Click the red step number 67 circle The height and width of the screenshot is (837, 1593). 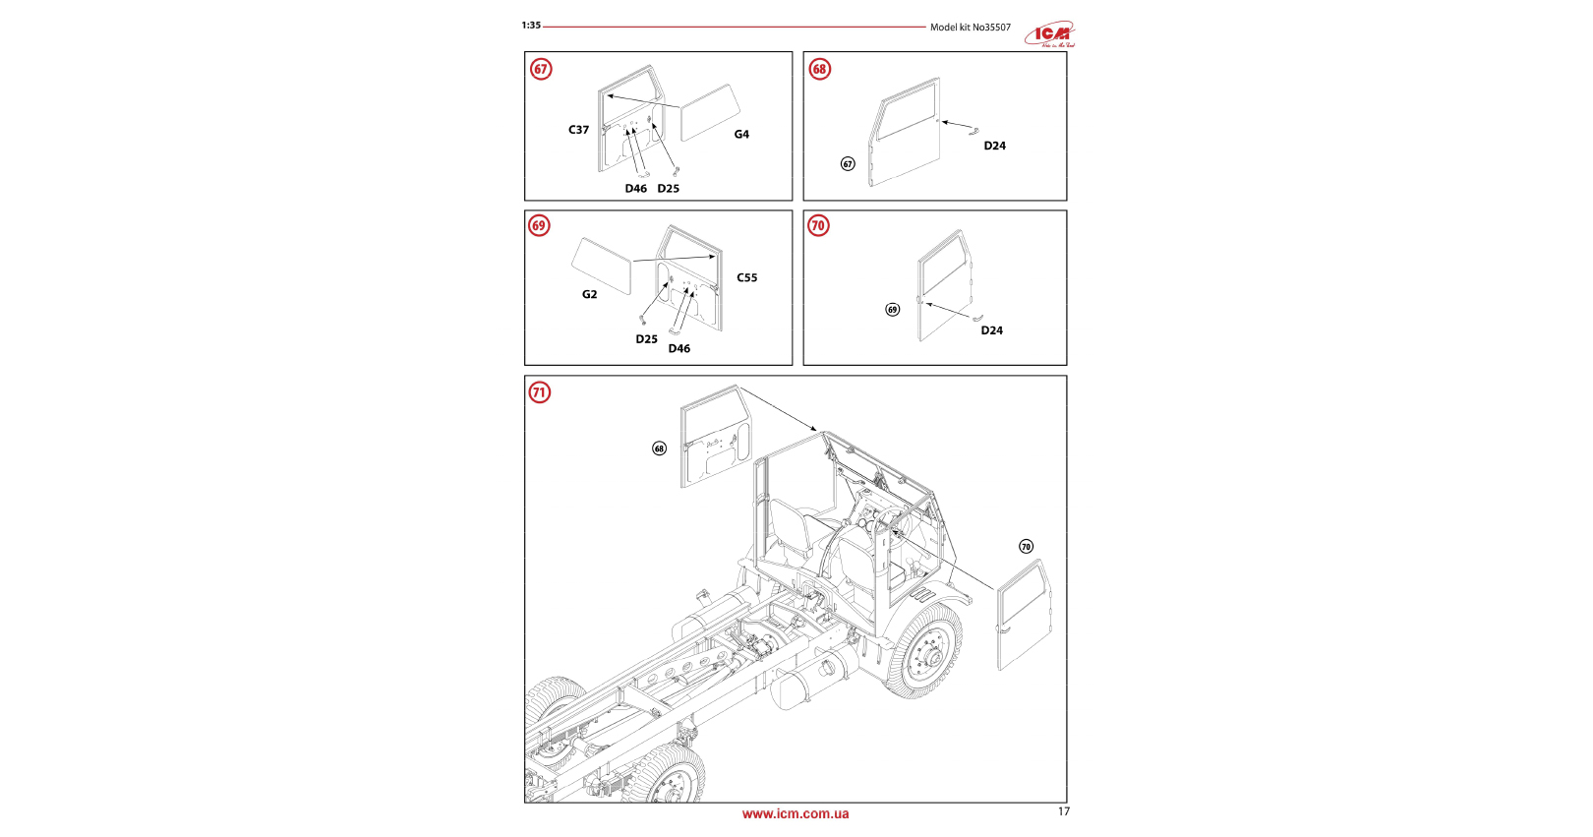point(541,69)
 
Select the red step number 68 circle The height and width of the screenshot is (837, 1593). point(819,69)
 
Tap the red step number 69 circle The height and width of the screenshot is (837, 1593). point(539,225)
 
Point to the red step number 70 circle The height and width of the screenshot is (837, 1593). point(818,225)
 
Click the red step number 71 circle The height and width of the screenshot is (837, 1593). point(539,392)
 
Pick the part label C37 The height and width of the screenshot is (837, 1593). point(578,130)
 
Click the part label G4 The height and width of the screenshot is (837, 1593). point(741,135)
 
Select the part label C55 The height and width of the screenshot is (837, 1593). point(747,278)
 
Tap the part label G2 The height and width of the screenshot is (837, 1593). point(589,294)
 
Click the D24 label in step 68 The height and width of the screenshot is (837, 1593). point(994,146)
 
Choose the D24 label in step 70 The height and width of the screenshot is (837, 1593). point(991,330)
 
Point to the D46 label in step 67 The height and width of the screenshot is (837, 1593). point(636,189)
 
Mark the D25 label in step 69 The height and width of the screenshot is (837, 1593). point(646,339)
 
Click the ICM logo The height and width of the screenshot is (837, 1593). point(1050,35)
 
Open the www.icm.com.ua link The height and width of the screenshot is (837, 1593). point(796,814)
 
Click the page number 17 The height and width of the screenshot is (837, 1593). point(1063,811)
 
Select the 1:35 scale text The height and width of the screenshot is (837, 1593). point(531,26)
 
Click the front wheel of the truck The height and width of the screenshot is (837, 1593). point(923,651)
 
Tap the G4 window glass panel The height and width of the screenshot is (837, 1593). point(710,112)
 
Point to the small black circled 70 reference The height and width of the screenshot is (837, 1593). point(1026,547)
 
